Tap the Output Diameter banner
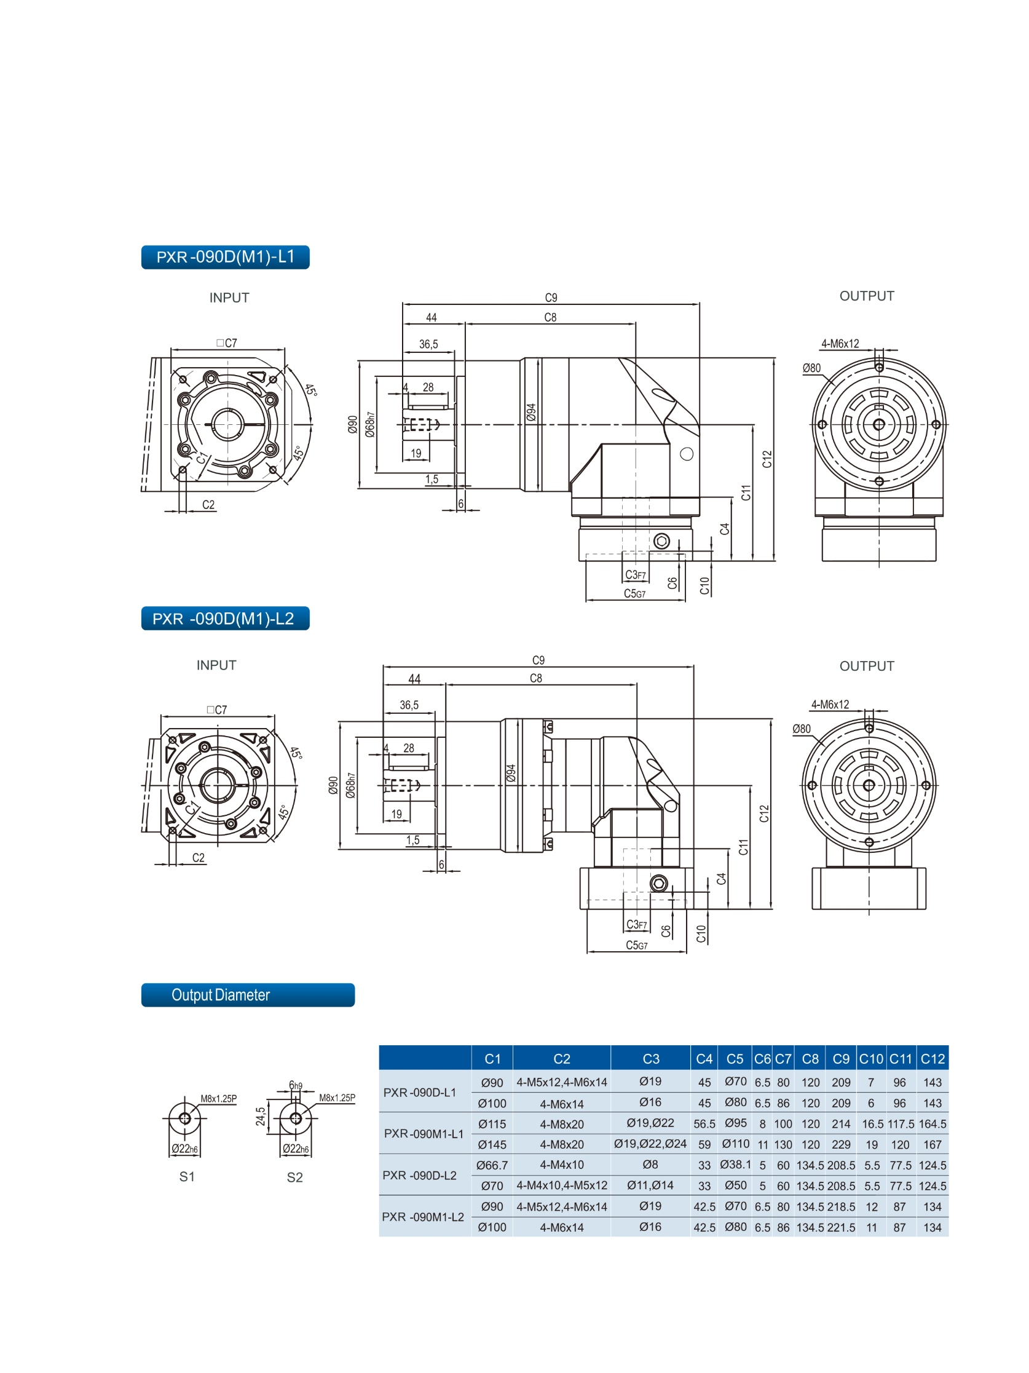pyautogui.click(x=247, y=994)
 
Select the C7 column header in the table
pyautogui.click(x=783, y=1059)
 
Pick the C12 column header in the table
pyautogui.click(x=932, y=1059)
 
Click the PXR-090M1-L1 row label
pyautogui.click(x=424, y=1133)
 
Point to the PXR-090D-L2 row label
pyautogui.click(x=420, y=1175)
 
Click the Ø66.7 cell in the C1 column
pyautogui.click(x=492, y=1165)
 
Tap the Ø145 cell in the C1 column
pyautogui.click(x=492, y=1145)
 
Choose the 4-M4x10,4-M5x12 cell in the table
pyautogui.click(x=562, y=1185)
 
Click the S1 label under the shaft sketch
pyautogui.click(x=187, y=1177)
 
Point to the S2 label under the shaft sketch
pyautogui.click(x=295, y=1177)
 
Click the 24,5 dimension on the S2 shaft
pyautogui.click(x=261, y=1116)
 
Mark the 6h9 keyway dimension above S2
pyautogui.click(x=296, y=1086)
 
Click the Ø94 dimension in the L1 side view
pyautogui.click(x=531, y=412)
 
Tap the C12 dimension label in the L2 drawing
pyautogui.click(x=764, y=813)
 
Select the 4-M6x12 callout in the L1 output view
pyautogui.click(x=840, y=344)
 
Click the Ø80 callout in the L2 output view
pyautogui.click(x=801, y=729)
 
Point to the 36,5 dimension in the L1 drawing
pyautogui.click(x=428, y=344)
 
